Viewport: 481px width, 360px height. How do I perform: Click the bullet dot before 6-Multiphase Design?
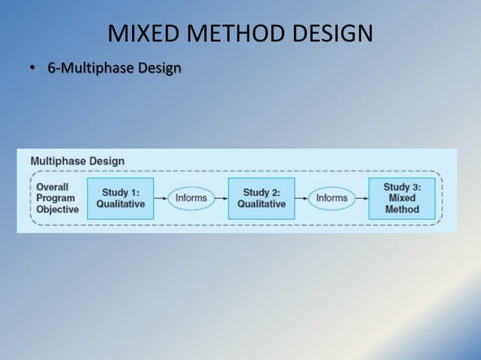pos(32,69)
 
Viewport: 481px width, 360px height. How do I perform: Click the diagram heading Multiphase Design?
pos(78,160)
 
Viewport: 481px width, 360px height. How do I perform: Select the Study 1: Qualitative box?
pos(121,198)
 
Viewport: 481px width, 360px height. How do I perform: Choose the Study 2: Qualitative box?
pos(262,198)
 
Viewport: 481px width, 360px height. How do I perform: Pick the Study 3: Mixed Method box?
pos(402,198)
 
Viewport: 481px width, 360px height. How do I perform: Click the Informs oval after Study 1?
pos(191,198)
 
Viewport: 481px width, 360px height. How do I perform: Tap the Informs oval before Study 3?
pos(332,198)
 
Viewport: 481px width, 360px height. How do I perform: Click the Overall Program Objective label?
pos(57,198)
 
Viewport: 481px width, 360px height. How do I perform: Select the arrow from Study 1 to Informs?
pos(161,198)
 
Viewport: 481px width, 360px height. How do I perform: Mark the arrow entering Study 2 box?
pos(221,198)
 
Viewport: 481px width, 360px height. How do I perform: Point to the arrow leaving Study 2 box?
pos(302,198)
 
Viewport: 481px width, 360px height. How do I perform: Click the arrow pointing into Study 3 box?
pos(362,198)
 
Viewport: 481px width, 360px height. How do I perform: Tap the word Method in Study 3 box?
pos(402,209)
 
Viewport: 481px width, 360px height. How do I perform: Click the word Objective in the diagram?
pos(57,209)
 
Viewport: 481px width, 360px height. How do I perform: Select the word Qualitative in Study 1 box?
pos(121,204)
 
